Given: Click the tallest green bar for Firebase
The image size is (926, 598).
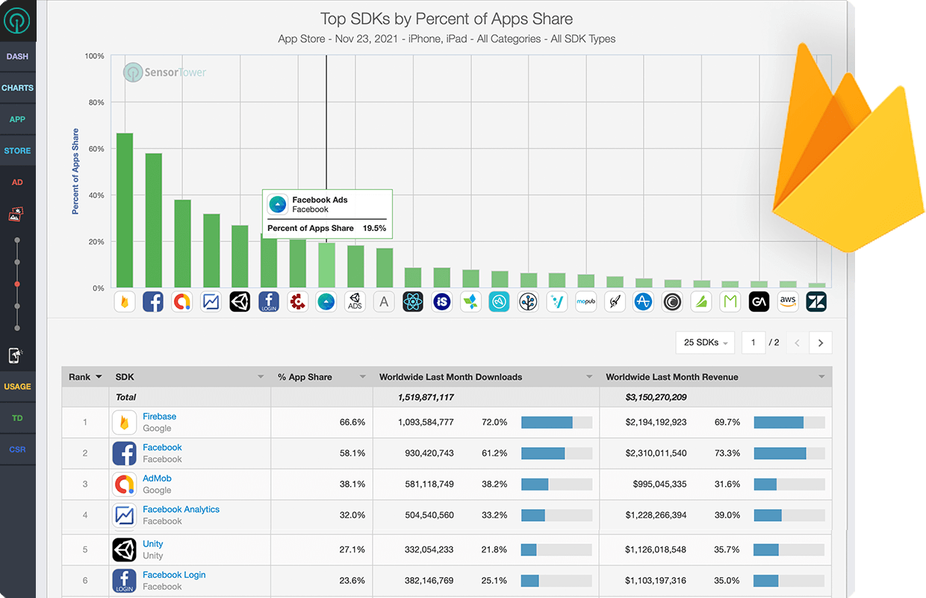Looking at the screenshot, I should pos(125,210).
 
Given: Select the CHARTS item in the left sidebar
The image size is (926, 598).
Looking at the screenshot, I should pos(17,87).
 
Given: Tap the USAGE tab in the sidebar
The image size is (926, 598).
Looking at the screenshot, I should pos(17,386).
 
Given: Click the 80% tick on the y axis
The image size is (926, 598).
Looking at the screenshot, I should pos(95,102).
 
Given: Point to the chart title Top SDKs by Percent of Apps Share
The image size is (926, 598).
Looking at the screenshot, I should pos(447,19).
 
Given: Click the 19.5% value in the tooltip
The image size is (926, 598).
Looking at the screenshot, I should pos(374,228).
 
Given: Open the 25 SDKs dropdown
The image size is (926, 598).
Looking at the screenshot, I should pos(705,342).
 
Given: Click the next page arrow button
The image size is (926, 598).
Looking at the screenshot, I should pos(821,342).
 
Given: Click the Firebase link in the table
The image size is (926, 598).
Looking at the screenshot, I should pos(159,416).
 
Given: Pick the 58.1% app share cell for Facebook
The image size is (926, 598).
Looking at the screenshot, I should pos(352,453).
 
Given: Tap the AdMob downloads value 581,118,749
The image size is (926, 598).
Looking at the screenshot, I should pos(425,484).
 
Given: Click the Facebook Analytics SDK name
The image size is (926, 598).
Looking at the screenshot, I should pos(181,509).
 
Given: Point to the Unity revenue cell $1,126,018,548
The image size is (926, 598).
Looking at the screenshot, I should pos(656,549).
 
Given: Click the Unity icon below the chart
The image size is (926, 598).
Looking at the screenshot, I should pos(240,302).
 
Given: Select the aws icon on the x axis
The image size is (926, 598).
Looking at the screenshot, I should pos(788,302).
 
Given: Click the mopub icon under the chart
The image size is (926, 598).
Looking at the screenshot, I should pos(585,302).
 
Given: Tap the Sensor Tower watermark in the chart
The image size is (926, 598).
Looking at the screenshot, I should pos(165,73).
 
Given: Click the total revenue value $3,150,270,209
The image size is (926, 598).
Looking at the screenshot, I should pos(656,397).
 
